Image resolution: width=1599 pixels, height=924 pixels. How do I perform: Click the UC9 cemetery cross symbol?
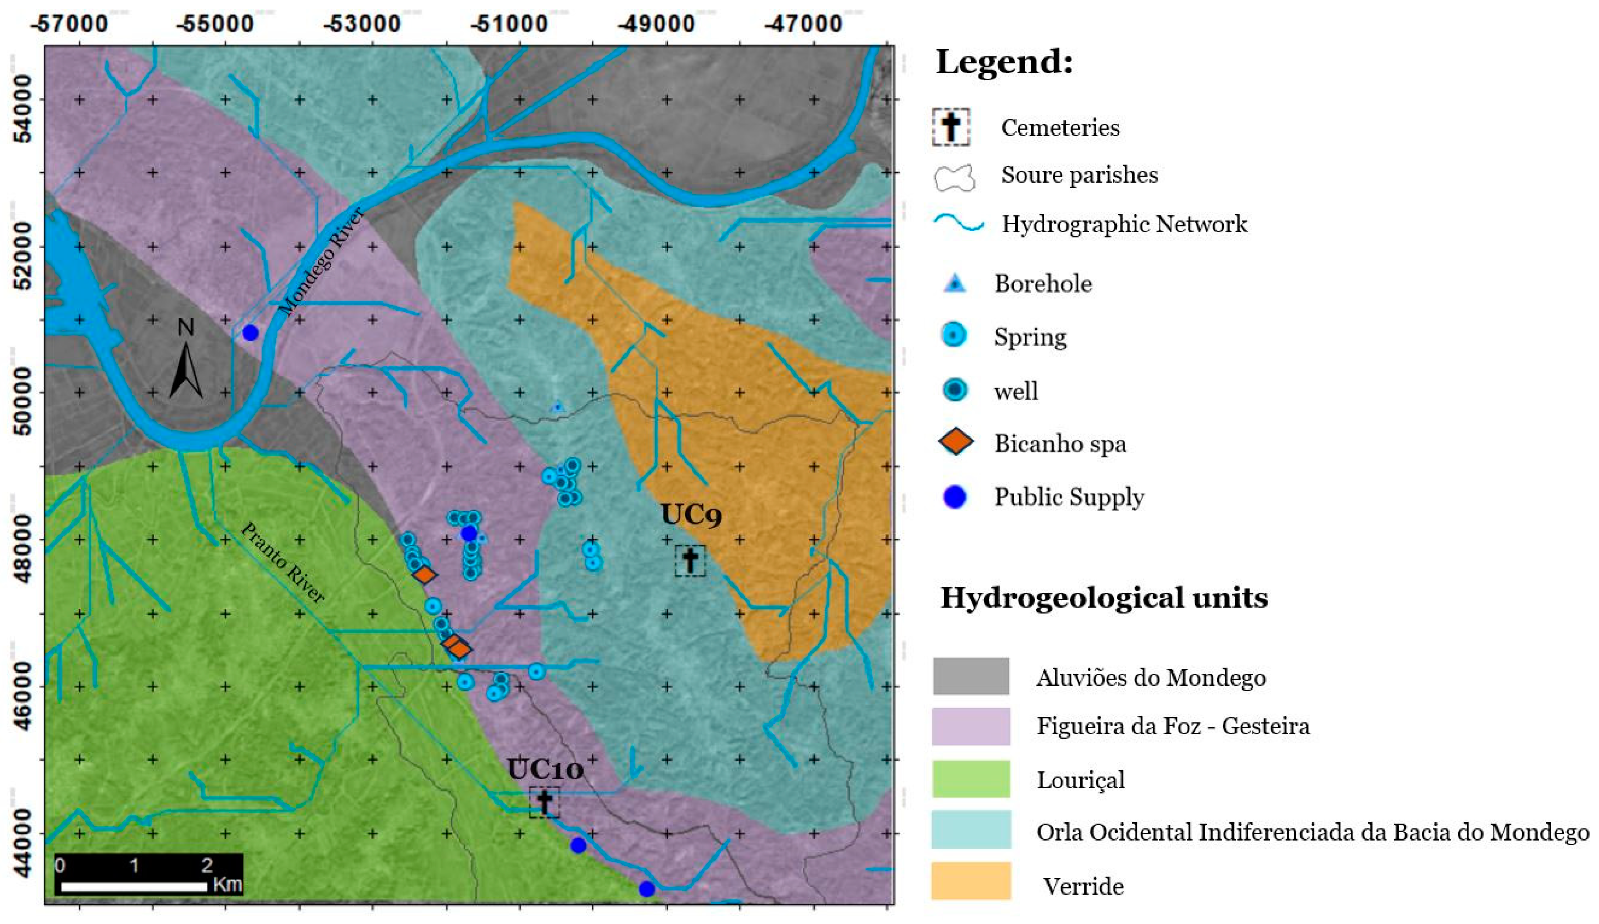pos(690,561)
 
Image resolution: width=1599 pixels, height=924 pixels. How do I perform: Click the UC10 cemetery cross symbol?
pos(544,802)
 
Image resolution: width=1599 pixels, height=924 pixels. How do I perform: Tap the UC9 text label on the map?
pos(691,515)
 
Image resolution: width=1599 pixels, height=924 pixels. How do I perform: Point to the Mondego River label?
pos(322,261)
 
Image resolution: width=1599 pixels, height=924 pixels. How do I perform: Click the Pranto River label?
pos(283,563)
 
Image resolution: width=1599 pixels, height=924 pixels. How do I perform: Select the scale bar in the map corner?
pos(148,874)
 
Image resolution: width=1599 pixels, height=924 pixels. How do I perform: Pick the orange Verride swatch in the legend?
pos(971,880)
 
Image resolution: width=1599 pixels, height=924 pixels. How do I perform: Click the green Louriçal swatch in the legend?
pos(971,779)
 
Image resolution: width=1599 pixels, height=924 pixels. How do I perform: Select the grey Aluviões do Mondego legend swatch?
pos(971,676)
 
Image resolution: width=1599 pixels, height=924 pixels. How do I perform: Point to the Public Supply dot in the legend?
pos(955,497)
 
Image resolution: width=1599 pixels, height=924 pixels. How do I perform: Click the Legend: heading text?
pos(1004,63)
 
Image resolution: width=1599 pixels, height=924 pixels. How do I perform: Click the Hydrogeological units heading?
pos(1104,597)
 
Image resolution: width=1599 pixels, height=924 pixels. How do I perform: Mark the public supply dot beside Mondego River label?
pos(251,332)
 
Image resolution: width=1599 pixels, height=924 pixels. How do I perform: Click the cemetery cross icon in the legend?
pos(951,127)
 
